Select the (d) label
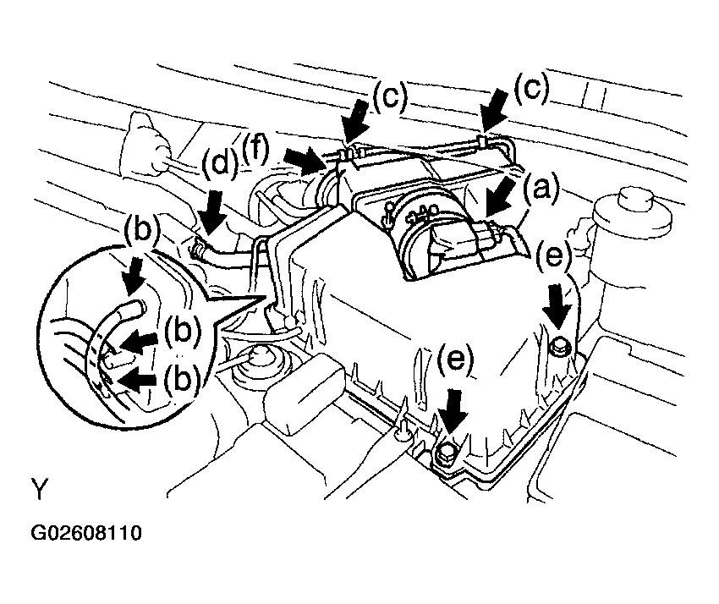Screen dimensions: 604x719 point(219,164)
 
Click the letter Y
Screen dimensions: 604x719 point(39,490)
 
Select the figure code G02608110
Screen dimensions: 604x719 point(86,534)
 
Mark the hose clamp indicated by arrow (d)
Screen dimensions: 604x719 point(200,249)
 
